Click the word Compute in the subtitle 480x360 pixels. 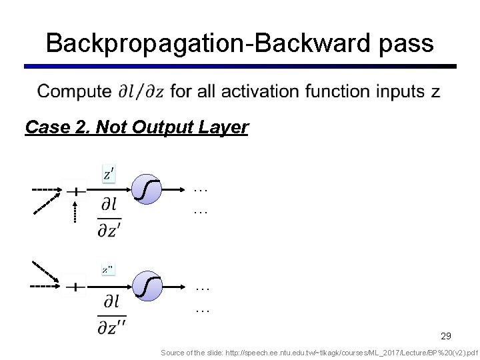point(74,91)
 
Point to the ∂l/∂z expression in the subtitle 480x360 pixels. point(142,91)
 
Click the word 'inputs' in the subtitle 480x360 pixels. point(402,91)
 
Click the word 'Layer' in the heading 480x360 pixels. point(225,127)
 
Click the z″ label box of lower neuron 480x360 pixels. point(108,270)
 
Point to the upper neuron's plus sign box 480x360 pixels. point(76,191)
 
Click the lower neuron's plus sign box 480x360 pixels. point(75,287)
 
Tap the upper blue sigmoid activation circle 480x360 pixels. point(147,190)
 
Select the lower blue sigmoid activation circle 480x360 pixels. point(147,286)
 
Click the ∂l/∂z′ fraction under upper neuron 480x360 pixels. point(110,217)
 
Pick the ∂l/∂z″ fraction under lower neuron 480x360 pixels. point(111,315)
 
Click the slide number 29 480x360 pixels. point(446,336)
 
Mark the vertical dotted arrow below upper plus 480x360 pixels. point(75,212)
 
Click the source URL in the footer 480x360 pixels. point(319,352)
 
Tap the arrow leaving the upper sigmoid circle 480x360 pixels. point(174,190)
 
